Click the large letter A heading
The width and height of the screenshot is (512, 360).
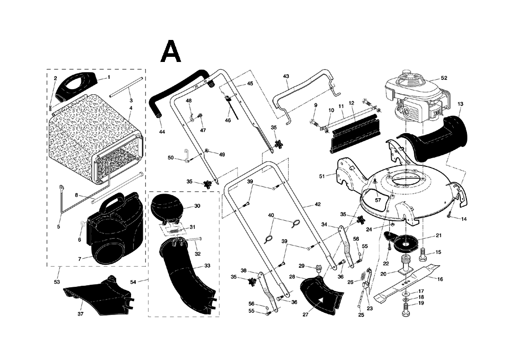click(x=171, y=51)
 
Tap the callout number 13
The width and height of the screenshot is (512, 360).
click(x=460, y=104)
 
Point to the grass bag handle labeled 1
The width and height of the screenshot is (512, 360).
click(x=75, y=84)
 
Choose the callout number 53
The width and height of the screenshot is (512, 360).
click(x=57, y=282)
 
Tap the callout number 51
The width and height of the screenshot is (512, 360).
click(x=322, y=176)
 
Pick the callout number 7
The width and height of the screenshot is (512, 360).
click(x=79, y=259)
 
